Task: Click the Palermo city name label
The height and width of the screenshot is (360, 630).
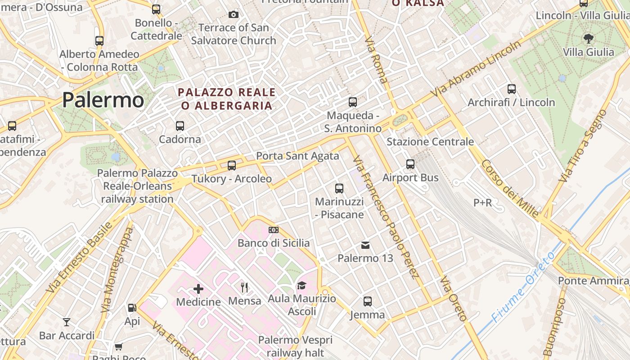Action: (103, 99)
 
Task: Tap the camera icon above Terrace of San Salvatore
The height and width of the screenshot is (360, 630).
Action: (233, 14)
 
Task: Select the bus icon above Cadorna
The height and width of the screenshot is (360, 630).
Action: (180, 126)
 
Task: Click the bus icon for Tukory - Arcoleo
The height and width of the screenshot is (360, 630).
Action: (232, 165)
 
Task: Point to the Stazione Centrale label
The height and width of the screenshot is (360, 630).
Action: (430, 142)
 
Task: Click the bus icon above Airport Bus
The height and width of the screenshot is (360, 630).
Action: (410, 164)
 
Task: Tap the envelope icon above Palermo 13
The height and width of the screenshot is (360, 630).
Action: (365, 245)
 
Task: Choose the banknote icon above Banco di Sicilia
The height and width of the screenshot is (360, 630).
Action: (273, 230)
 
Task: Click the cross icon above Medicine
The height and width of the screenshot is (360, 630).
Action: (198, 288)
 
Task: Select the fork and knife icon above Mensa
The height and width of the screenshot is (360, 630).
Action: (245, 287)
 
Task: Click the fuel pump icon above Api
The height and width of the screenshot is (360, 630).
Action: (132, 308)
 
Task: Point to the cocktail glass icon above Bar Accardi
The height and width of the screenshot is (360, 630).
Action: (67, 322)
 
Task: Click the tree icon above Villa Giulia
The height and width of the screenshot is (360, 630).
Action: (588, 38)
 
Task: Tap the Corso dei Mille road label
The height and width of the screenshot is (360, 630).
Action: (509, 189)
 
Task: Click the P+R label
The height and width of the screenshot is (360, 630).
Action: (482, 203)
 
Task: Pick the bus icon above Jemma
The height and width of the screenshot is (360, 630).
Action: (368, 301)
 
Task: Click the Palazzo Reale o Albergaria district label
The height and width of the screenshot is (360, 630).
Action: (227, 99)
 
